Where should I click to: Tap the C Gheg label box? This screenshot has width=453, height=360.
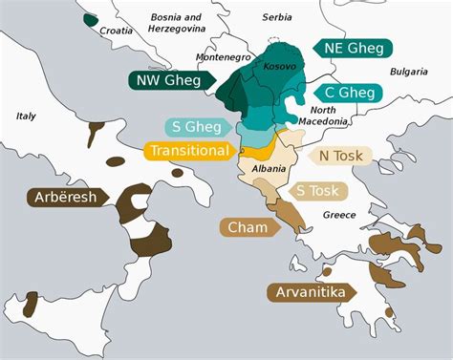coord(349,93)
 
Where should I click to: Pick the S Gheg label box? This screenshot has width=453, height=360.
coord(194,127)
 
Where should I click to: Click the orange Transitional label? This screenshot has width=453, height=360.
coord(188,151)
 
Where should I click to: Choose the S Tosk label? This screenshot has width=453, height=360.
coord(315,191)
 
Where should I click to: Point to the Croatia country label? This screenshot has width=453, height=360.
coord(117,30)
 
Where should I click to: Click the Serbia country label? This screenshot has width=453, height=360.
coord(277,17)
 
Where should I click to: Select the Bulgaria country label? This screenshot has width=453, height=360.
coord(409,72)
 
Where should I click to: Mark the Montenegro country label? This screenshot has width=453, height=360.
coord(224,57)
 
